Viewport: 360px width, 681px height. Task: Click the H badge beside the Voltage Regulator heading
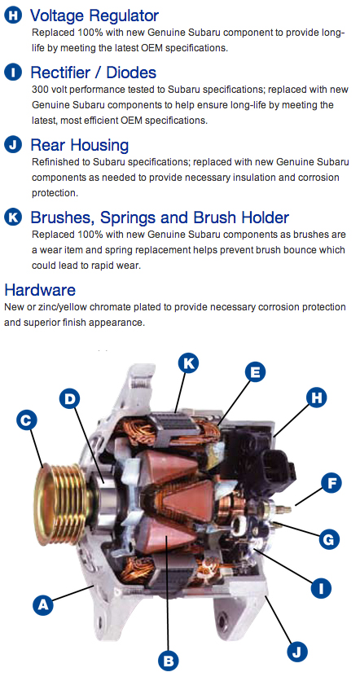click(14, 16)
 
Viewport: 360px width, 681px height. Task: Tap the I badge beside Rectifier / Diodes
click(14, 72)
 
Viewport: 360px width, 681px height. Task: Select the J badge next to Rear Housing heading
click(14, 144)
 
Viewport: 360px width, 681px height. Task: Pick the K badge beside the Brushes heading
click(14, 217)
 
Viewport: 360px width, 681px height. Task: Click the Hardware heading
click(40, 289)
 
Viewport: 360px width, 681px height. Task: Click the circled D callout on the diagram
click(70, 399)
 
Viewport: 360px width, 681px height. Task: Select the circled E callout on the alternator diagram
click(255, 372)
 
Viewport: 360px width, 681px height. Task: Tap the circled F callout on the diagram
click(331, 483)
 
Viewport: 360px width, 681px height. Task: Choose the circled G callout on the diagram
click(329, 539)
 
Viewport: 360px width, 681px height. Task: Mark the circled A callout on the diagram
click(43, 604)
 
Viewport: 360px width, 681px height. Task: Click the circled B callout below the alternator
click(168, 661)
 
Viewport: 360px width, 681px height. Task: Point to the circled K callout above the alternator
click(188, 363)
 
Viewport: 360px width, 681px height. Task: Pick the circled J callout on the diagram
click(297, 652)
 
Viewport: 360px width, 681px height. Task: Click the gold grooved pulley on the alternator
click(61, 503)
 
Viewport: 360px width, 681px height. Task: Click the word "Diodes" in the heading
click(131, 72)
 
